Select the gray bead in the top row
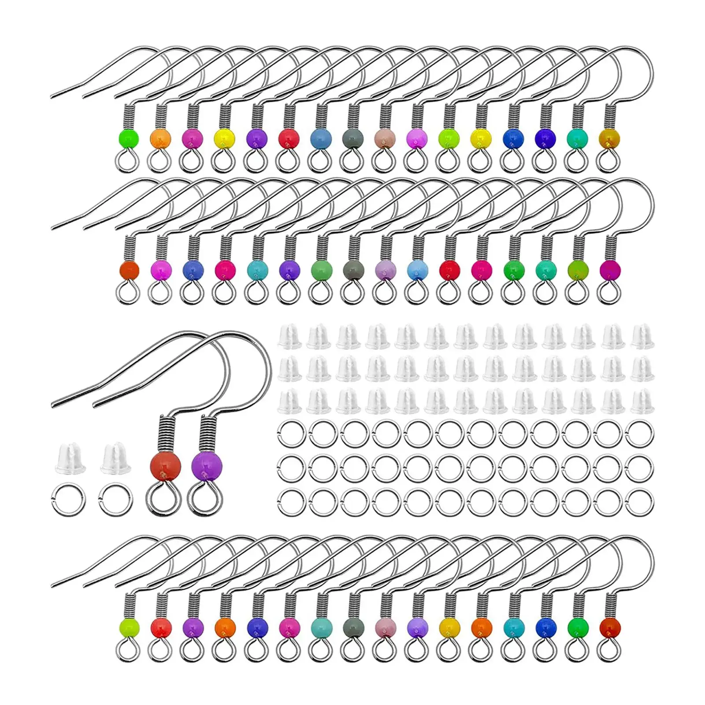click(352, 139)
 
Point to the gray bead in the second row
click(352, 269)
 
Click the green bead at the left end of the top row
click(129, 139)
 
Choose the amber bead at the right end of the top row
click(609, 139)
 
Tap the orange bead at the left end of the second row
click(129, 269)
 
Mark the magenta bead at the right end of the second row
click(609, 269)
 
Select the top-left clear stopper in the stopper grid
click(289, 338)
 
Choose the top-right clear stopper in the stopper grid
click(642, 338)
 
